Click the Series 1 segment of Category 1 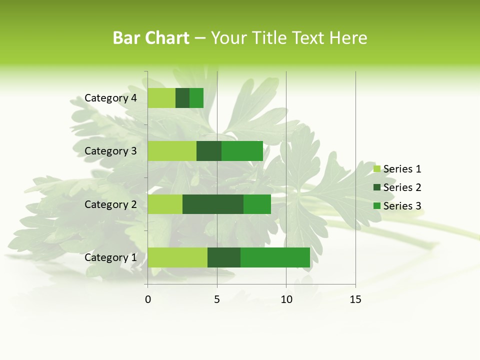(177, 257)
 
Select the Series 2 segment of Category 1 (224, 257)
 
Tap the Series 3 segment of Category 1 (275, 257)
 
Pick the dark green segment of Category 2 (213, 204)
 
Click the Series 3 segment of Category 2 (257, 204)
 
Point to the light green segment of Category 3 (172, 151)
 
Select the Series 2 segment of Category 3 (209, 151)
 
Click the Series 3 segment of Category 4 (196, 98)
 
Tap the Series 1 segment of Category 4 (161, 98)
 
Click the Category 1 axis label (110, 257)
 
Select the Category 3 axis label (110, 151)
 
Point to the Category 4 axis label (110, 98)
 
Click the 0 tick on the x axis (148, 299)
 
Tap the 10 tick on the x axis (286, 299)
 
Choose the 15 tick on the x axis (355, 299)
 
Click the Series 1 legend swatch (377, 169)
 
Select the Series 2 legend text (402, 187)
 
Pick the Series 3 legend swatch (377, 206)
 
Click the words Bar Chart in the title (151, 38)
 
